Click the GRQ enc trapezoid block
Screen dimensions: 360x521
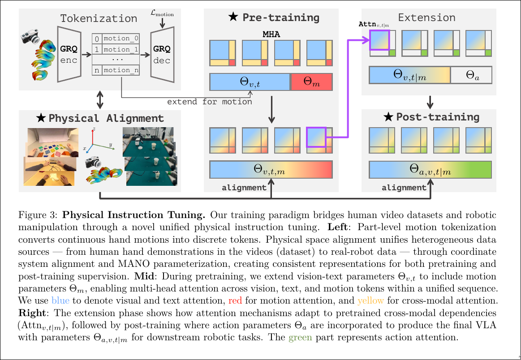coord(69,54)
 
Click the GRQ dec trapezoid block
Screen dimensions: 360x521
coord(162,54)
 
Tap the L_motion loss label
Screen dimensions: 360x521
coord(162,14)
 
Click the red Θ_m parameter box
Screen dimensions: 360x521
coord(311,81)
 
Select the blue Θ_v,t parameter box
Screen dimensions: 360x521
coord(250,81)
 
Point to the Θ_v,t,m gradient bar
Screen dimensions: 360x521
coord(271,169)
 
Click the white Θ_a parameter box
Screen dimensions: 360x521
coord(471,75)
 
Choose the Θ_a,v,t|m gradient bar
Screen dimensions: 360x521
coord(430,170)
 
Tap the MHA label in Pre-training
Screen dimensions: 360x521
coord(271,34)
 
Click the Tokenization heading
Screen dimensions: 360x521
coord(99,19)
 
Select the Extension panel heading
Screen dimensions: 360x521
coord(426,18)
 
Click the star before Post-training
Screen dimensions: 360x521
coord(388,117)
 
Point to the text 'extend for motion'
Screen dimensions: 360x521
coord(209,102)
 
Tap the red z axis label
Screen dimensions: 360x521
coord(93,129)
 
